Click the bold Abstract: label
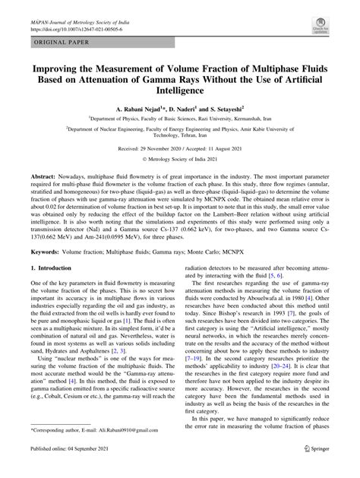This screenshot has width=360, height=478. coord(45,175)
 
